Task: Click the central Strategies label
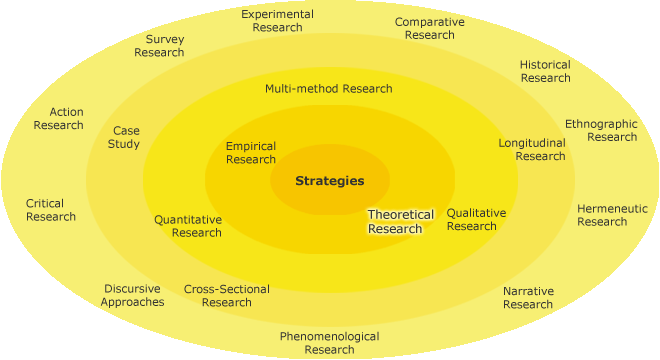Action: point(329,181)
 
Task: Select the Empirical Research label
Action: point(251,153)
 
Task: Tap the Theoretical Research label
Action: point(401,221)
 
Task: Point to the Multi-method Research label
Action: point(328,88)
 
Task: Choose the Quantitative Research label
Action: point(188,226)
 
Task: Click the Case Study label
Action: point(126,137)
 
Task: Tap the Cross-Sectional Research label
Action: point(227,296)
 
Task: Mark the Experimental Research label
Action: point(278,21)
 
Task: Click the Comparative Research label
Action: point(429,28)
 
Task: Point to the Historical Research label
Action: point(545,71)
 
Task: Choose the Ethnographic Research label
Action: point(601,130)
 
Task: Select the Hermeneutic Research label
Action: point(612,215)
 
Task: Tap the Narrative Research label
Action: point(528,298)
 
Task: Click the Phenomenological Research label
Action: point(329,343)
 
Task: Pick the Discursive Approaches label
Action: point(132,295)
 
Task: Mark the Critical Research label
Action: point(51,210)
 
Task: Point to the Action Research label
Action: point(59,118)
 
